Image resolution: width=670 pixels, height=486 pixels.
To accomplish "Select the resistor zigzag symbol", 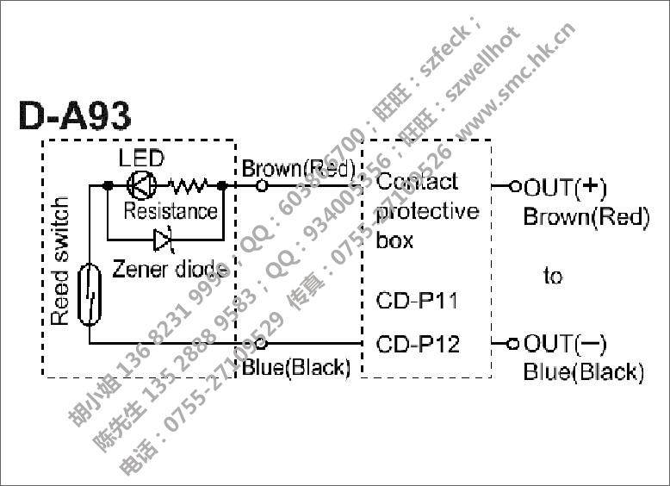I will [x=189, y=184].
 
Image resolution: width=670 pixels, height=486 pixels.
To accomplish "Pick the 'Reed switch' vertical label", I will [x=59, y=261].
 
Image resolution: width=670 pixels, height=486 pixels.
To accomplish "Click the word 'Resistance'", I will [x=170, y=210].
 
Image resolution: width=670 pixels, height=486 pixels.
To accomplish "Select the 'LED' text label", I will [x=141, y=159].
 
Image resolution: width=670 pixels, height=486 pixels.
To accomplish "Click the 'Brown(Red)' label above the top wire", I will [x=297, y=168].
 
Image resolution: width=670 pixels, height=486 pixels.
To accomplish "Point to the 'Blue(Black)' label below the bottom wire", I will [x=296, y=368].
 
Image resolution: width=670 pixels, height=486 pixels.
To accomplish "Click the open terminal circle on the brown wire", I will [x=263, y=185].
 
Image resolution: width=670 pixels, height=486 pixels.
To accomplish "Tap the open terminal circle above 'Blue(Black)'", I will [x=263, y=344].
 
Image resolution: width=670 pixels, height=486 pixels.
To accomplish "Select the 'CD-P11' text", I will [x=417, y=302].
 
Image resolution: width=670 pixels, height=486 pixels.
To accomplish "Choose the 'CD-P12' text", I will [x=418, y=345].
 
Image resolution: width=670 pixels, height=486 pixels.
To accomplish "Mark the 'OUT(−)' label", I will [x=565, y=345].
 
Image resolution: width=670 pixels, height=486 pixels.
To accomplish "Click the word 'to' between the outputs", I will [x=552, y=277].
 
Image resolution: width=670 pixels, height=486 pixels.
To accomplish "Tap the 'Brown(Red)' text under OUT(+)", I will [x=586, y=216].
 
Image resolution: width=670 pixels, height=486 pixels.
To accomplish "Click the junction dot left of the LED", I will [x=108, y=184].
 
